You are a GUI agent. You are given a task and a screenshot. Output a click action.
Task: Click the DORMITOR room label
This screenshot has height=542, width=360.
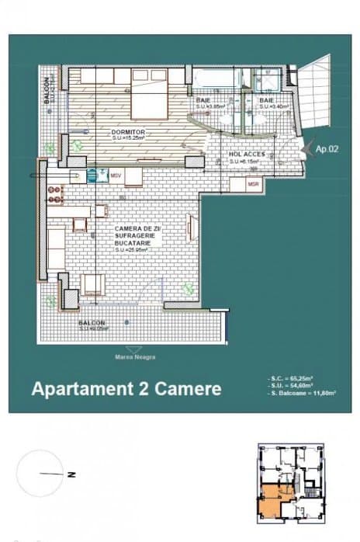129,133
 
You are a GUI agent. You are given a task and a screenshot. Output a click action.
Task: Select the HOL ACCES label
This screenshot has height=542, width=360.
247,155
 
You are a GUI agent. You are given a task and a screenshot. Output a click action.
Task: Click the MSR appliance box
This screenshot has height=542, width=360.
253,184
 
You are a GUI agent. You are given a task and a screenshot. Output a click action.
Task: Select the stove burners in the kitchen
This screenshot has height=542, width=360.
56,195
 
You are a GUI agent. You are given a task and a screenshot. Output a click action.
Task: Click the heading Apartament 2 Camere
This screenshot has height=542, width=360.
126,388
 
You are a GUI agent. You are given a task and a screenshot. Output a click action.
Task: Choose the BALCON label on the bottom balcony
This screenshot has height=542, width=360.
92,322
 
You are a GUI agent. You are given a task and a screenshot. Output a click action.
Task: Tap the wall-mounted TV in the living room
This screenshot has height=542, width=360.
190,228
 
